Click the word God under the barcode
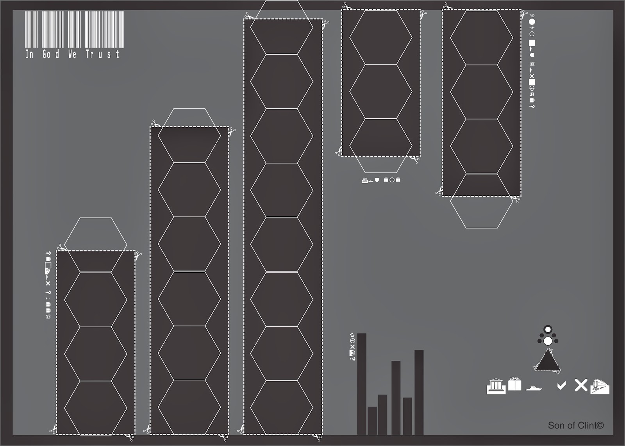point(51,54)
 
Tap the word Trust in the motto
point(102,54)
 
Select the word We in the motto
point(72,54)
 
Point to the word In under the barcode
point(29,54)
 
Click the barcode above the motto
point(74,29)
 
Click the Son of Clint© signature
point(575,425)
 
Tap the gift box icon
point(514,384)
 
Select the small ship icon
point(534,388)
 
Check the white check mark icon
point(561,386)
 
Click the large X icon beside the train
point(581,385)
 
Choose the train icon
point(600,386)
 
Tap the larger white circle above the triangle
point(548,341)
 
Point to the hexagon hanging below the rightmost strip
point(481,211)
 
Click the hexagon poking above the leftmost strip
point(95,234)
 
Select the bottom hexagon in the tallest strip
point(281,407)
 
